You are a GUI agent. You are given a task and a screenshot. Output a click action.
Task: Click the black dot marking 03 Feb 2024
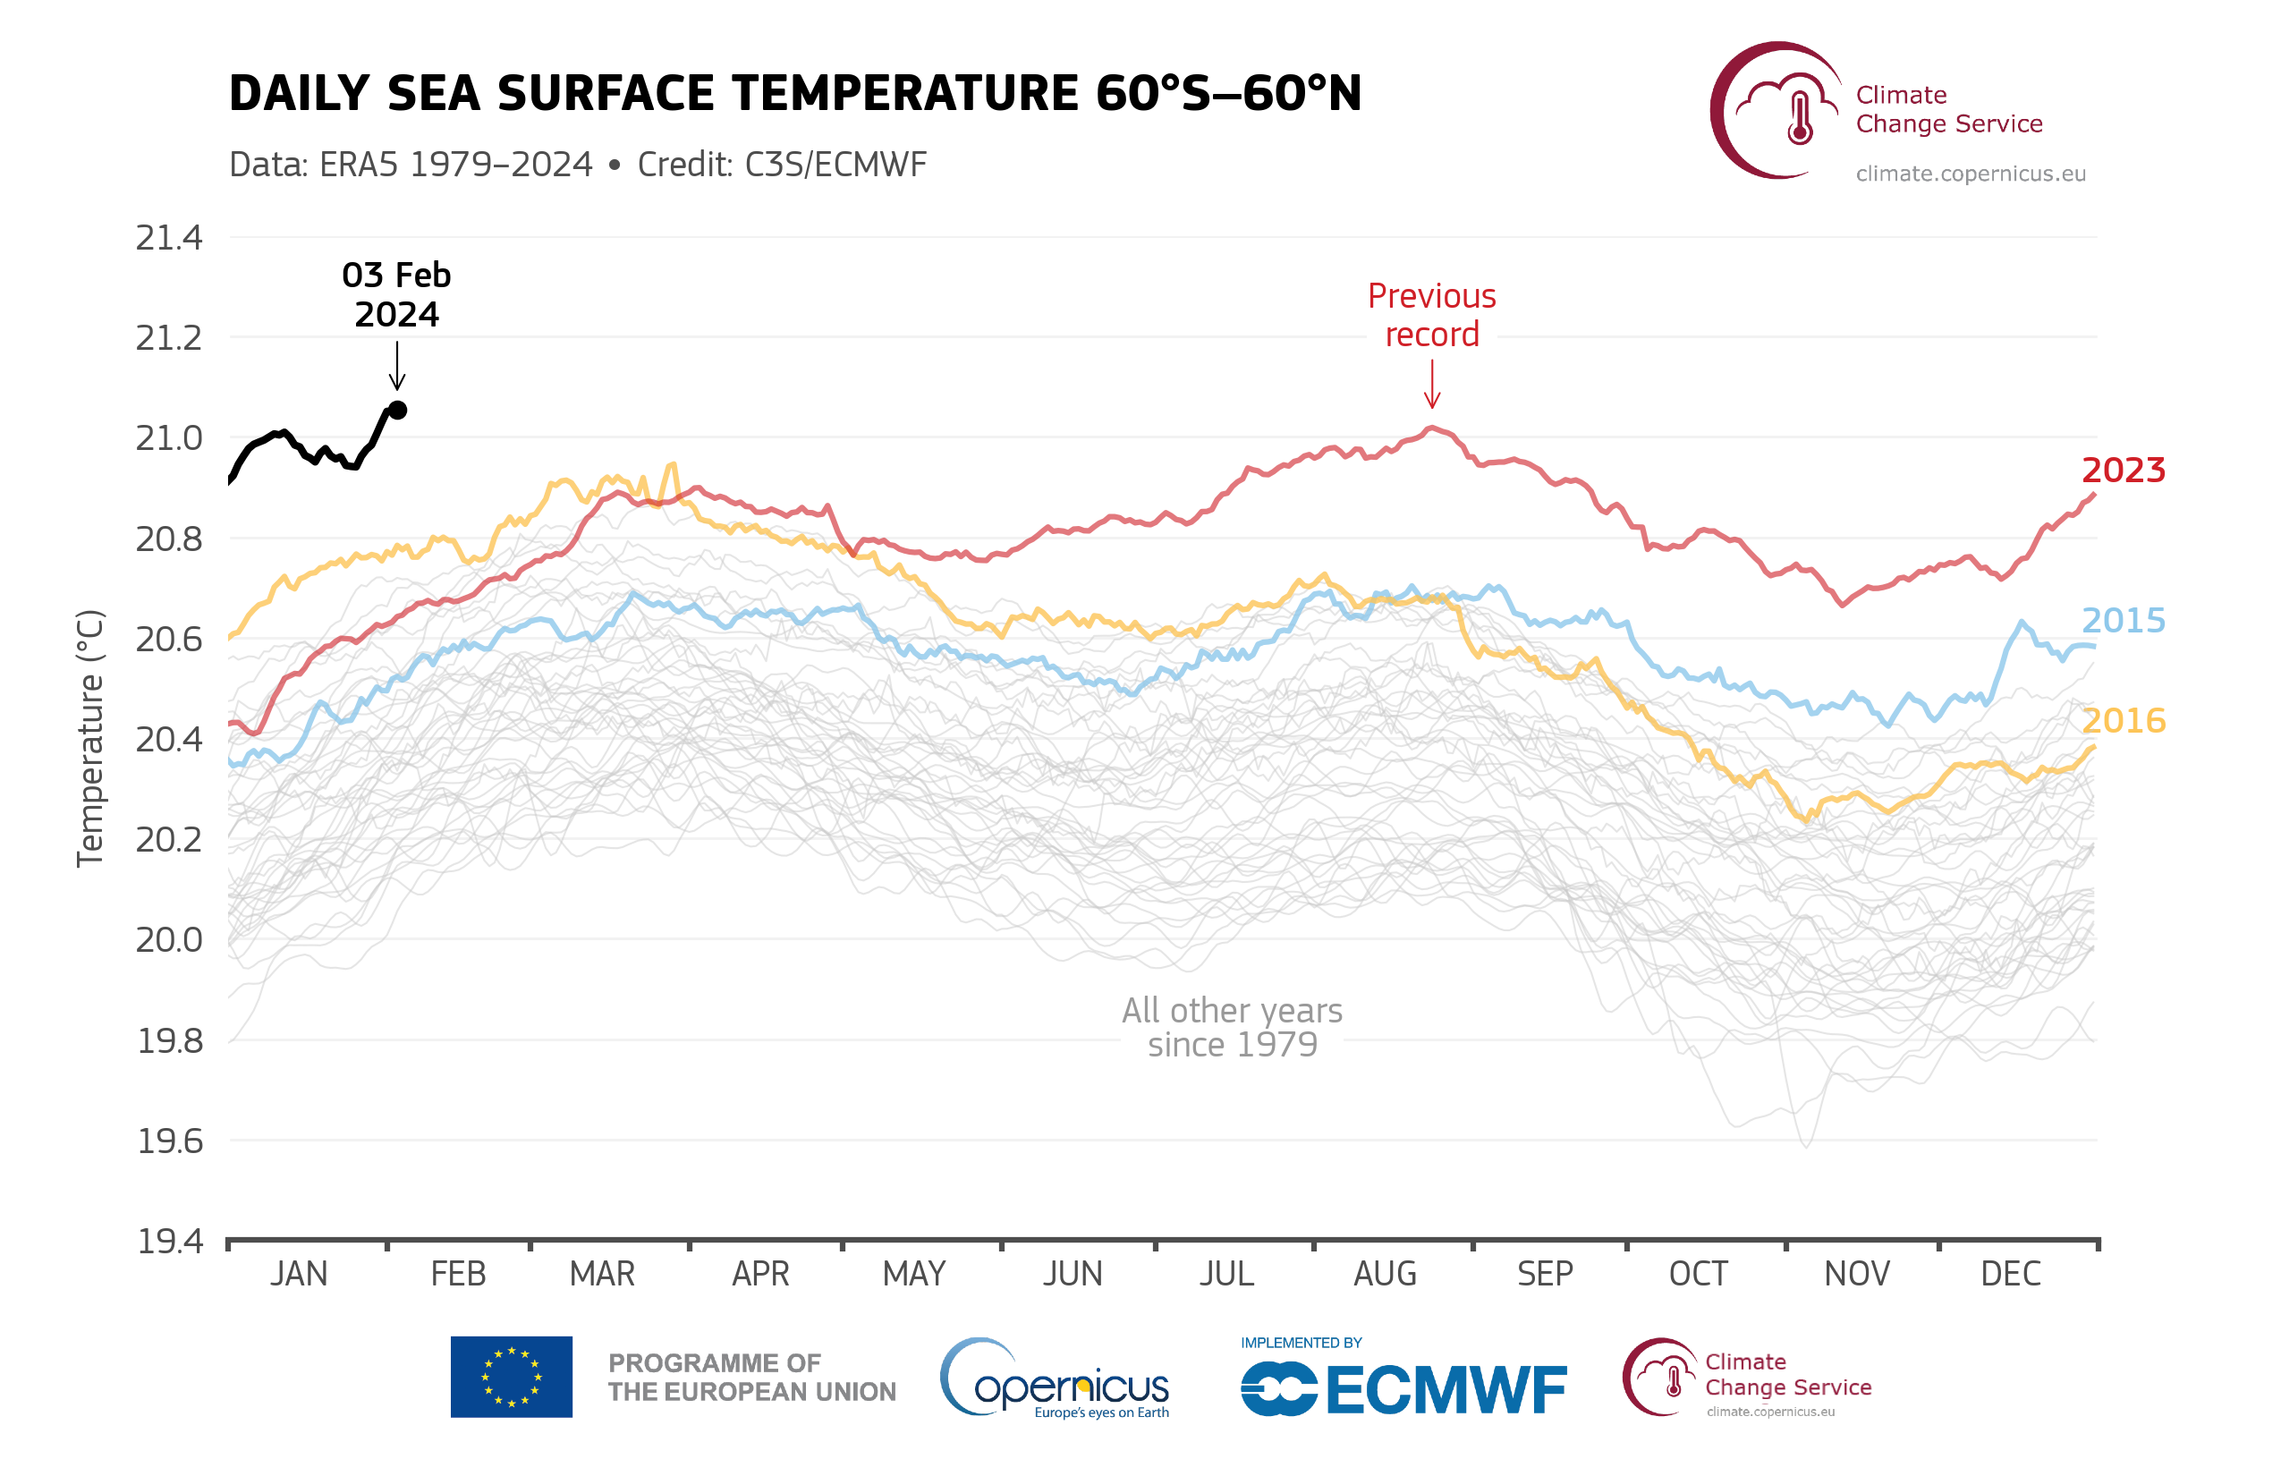pos(398,411)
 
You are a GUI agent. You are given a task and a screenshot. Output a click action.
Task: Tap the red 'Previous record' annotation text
pos(1431,315)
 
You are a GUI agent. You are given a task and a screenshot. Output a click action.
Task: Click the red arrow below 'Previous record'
pos(1432,386)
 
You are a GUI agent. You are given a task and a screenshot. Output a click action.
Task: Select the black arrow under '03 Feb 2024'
pos(397,365)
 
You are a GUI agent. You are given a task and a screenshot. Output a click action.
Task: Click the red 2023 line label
pos(2123,471)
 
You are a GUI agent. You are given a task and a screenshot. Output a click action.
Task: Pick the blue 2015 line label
pos(2123,621)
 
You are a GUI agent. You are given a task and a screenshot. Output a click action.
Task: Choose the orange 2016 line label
pos(2123,721)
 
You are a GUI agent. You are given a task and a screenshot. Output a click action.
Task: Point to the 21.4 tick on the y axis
pos(170,238)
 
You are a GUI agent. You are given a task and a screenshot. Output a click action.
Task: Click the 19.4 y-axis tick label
pos(170,1242)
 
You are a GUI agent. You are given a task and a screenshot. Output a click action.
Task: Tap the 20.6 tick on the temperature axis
pos(170,640)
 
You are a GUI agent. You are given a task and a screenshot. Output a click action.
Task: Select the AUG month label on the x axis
pos(1385,1274)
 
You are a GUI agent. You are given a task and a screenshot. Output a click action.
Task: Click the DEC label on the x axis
pos(2010,1274)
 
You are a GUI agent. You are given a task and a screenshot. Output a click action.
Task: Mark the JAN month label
pos(299,1274)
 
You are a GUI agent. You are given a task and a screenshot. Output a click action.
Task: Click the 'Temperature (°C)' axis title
pos(90,738)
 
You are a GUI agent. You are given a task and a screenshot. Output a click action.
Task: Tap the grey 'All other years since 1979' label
pos(1232,1028)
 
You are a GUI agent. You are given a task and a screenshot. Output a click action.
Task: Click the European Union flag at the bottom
pos(511,1377)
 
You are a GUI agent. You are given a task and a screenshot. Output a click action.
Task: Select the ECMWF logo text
pos(1446,1391)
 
